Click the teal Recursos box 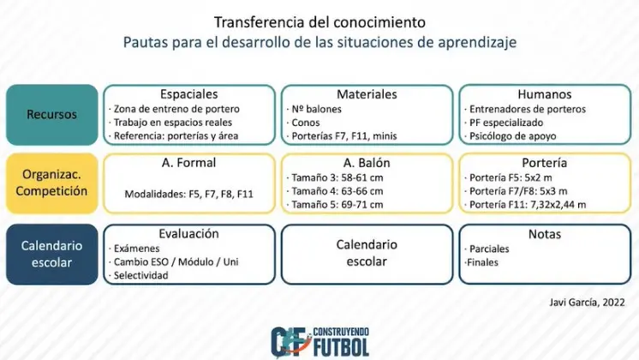[x=51, y=115]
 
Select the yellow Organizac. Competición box [x=51, y=183]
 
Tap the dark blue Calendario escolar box [x=51, y=254]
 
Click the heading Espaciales [x=188, y=94]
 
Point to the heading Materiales [x=367, y=94]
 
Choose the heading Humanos [x=545, y=94]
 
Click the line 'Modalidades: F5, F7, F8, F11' [x=188, y=194]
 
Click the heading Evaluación [x=188, y=234]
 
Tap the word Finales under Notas [x=481, y=262]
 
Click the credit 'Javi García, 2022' [x=587, y=302]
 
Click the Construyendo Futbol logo [x=319, y=342]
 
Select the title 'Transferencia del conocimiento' [x=319, y=22]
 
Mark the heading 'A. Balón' [x=367, y=163]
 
